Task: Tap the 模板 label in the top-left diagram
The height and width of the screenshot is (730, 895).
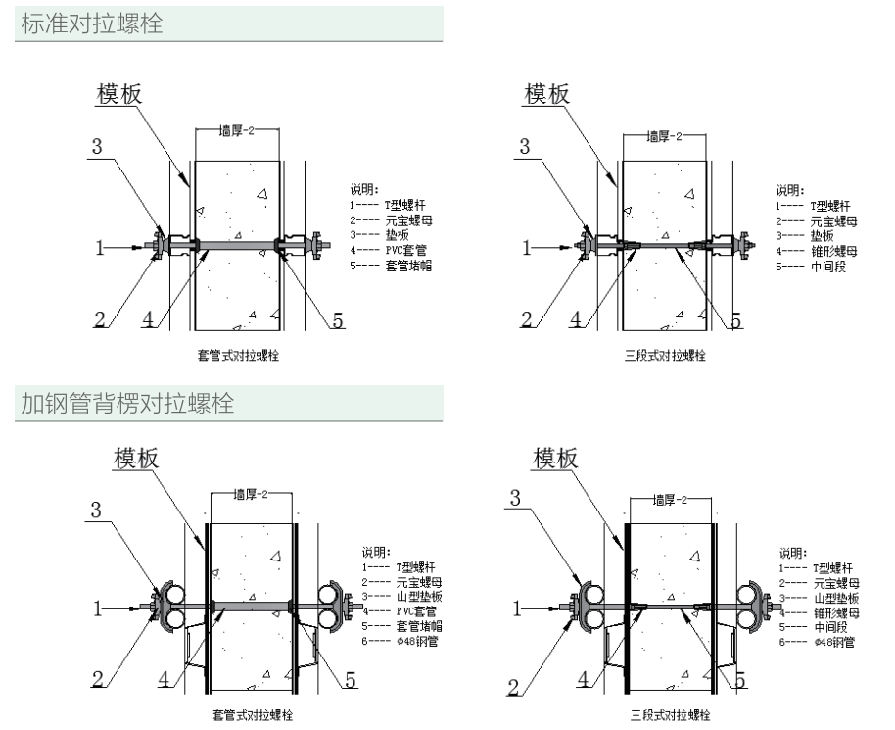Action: tap(118, 93)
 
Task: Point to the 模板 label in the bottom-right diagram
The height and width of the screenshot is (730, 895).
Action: tap(556, 458)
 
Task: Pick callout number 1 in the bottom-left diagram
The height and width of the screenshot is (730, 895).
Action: tap(98, 609)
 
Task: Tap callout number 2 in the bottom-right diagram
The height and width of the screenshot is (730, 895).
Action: tap(514, 687)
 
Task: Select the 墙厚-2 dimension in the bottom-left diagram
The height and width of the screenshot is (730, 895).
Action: tap(251, 496)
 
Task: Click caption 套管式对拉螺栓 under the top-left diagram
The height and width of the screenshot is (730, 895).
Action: tap(238, 355)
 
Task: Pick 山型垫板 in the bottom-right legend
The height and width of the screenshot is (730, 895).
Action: tap(836, 598)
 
